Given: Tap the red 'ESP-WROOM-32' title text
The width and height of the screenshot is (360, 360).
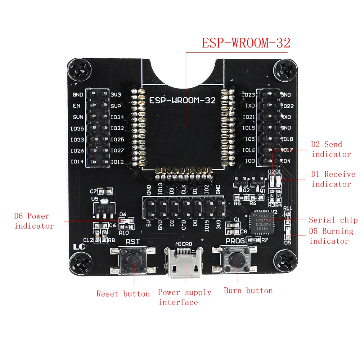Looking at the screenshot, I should [x=246, y=43].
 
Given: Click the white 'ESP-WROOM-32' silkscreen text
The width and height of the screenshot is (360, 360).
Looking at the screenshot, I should [x=183, y=100].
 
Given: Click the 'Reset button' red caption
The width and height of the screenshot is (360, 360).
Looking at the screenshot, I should [x=123, y=294].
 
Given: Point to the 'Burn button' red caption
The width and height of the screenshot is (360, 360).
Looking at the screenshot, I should [x=248, y=291].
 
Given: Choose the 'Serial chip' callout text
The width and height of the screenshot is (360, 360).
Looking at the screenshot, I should [x=333, y=220].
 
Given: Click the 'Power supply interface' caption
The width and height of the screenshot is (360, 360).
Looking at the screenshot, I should [x=184, y=297].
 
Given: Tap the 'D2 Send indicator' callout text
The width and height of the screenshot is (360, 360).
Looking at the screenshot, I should [x=330, y=149].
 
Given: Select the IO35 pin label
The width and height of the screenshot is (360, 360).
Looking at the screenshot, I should [x=77, y=128].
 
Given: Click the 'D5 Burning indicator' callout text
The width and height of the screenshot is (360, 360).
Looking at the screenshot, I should [x=331, y=236].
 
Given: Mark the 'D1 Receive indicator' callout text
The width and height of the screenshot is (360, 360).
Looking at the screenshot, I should [x=333, y=179].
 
